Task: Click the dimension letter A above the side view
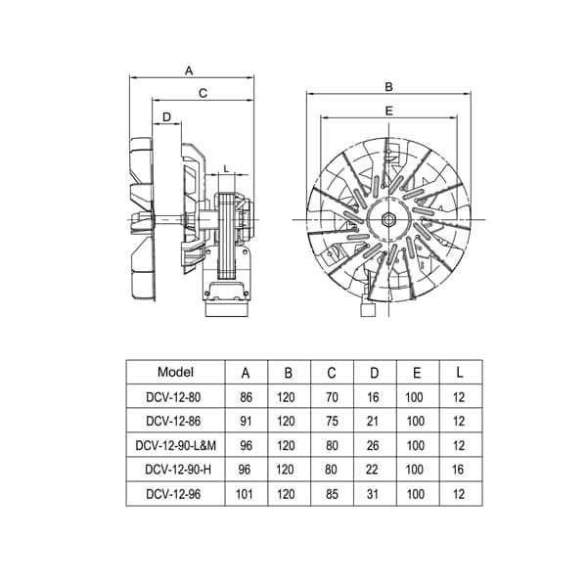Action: [x=189, y=70]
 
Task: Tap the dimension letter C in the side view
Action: [x=203, y=93]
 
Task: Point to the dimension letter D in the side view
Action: [x=166, y=117]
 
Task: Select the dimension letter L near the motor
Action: [x=226, y=169]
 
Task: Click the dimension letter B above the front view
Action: [x=388, y=87]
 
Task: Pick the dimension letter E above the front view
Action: [x=389, y=111]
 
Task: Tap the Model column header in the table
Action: [x=175, y=372]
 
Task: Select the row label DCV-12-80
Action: [x=173, y=397]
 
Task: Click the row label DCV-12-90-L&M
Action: [x=175, y=445]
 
